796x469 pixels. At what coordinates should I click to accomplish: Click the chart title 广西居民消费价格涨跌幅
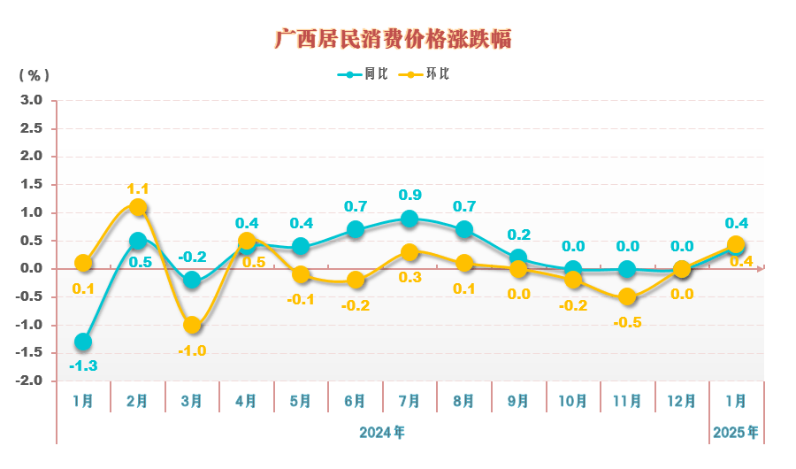click(393, 39)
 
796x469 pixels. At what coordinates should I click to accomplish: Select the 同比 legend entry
click(363, 74)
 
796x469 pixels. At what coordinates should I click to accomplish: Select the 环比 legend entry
click(425, 74)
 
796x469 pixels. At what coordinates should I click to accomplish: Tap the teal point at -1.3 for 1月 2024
click(83, 342)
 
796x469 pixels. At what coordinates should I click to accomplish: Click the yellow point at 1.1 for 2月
click(138, 207)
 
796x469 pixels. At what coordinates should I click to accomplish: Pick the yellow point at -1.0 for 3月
click(192, 325)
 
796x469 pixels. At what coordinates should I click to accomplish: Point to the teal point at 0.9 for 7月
click(409, 219)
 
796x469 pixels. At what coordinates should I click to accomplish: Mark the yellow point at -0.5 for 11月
click(627, 296)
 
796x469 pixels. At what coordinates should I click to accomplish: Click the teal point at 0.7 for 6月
click(356, 230)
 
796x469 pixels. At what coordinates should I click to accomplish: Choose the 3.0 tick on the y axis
click(32, 100)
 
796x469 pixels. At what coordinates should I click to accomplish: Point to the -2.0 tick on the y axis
click(30, 381)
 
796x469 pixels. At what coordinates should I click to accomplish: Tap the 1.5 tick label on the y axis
click(32, 184)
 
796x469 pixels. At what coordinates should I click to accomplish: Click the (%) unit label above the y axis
click(34, 75)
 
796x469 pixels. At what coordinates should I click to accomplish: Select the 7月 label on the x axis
click(409, 401)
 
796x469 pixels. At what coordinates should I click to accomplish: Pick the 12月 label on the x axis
click(682, 401)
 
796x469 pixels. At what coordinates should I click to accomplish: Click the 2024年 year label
click(382, 433)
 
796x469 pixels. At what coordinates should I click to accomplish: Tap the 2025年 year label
click(736, 433)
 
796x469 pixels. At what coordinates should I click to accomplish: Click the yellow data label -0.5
click(627, 322)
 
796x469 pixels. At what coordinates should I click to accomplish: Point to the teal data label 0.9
click(409, 195)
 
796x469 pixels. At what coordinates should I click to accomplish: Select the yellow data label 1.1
click(138, 188)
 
